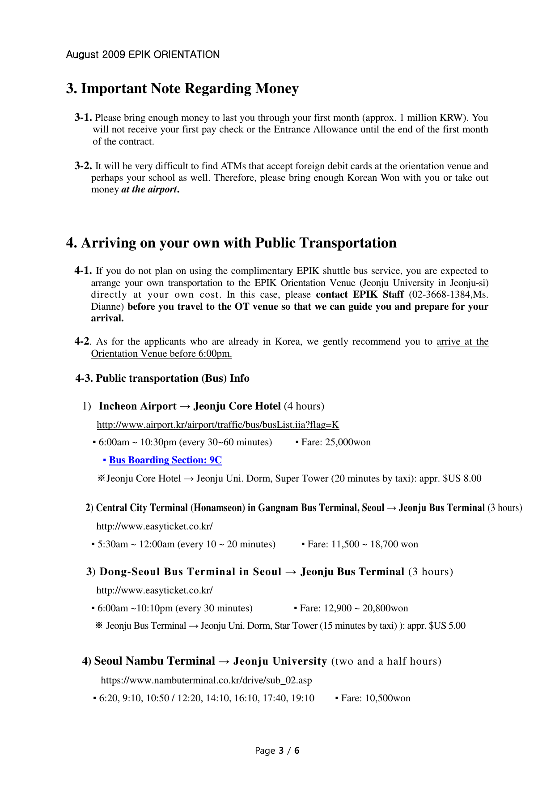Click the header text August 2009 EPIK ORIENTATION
point(143,55)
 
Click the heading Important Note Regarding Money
point(189,89)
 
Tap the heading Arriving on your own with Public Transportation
point(238,243)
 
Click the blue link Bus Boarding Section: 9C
point(165,460)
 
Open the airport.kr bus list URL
point(218,425)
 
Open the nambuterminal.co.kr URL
point(206,680)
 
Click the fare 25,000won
point(348,442)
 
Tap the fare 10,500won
point(388,698)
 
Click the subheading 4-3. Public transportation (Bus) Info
point(162,378)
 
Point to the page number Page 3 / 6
point(277,751)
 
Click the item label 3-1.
point(83,118)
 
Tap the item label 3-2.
point(83,166)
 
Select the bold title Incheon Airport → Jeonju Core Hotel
point(190,406)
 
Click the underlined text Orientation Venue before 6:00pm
point(161,354)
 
